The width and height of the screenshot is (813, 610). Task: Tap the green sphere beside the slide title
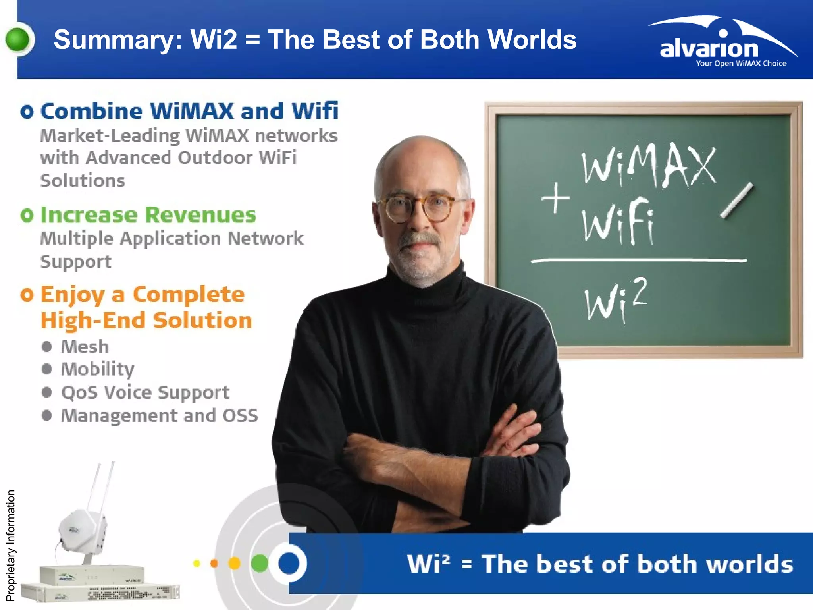click(18, 40)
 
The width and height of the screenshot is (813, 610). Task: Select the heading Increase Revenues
click(148, 215)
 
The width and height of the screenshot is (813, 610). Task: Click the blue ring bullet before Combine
click(27, 112)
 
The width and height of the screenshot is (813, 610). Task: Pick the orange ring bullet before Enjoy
click(27, 295)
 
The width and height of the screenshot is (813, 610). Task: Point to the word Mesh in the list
click(85, 347)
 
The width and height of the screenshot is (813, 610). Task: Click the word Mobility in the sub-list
click(98, 369)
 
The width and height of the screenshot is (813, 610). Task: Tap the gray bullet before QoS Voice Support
click(47, 392)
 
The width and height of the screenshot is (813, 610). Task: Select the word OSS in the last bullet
click(240, 415)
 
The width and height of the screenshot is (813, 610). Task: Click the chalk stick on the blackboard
click(737, 201)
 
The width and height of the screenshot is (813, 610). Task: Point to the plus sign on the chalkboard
click(555, 198)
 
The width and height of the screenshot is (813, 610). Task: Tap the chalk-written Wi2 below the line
click(615, 300)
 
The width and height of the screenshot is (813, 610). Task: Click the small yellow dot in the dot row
click(197, 563)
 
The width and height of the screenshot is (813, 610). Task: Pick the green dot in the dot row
click(260, 563)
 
